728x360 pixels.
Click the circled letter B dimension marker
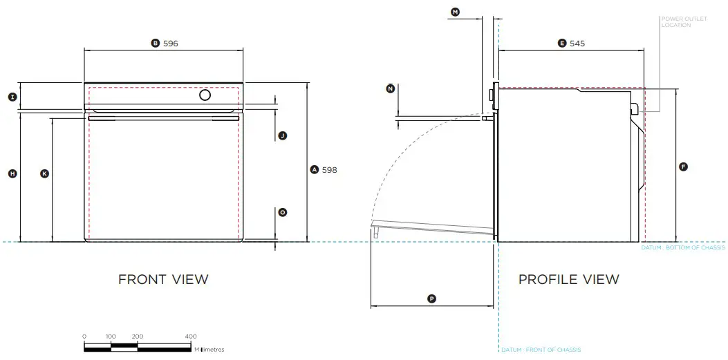click(x=156, y=43)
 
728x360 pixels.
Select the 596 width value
click(x=171, y=43)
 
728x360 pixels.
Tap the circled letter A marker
click(x=314, y=169)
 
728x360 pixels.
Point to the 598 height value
click(x=330, y=169)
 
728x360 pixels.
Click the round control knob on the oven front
click(x=205, y=95)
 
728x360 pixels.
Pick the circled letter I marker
click(x=12, y=97)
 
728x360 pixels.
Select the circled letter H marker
click(x=12, y=174)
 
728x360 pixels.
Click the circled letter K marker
click(x=44, y=174)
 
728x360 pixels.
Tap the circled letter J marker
click(x=282, y=136)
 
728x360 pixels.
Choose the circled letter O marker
click(x=282, y=213)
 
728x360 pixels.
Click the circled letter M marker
click(x=455, y=12)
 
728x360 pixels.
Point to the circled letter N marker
click(x=391, y=88)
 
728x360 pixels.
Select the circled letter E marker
click(x=562, y=43)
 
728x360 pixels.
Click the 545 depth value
click(x=577, y=43)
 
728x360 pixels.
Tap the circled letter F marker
click(x=683, y=167)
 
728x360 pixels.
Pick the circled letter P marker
click(x=431, y=299)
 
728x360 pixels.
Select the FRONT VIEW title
click(x=163, y=279)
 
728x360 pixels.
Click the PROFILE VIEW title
click(x=569, y=279)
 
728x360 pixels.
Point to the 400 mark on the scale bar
click(x=191, y=337)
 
